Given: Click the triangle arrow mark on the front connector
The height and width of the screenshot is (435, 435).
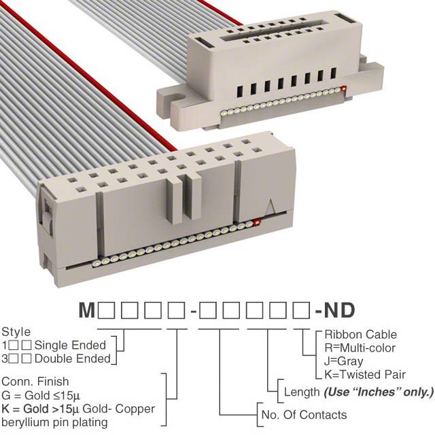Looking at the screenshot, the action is [x=271, y=206].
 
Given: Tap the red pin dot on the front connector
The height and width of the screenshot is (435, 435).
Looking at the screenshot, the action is [x=257, y=222].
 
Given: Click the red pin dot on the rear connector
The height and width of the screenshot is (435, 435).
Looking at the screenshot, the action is [x=345, y=89].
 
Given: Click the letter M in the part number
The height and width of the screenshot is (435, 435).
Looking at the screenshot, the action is [x=87, y=310].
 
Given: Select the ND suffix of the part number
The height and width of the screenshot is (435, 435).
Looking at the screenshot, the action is [x=339, y=310].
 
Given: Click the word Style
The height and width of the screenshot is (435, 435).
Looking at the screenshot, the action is [x=16, y=332].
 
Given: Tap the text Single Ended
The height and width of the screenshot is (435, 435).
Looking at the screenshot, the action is [x=70, y=345].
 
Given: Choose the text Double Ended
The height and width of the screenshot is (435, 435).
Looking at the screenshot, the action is [x=73, y=359].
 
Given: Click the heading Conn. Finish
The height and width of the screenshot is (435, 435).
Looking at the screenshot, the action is [x=35, y=381].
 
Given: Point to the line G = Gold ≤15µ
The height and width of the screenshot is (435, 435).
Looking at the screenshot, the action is [x=41, y=396].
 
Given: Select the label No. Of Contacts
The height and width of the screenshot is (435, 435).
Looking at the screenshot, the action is [x=304, y=415].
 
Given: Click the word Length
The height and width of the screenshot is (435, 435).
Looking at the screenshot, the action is [x=302, y=392].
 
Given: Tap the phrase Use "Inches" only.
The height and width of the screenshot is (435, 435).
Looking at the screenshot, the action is [x=379, y=392].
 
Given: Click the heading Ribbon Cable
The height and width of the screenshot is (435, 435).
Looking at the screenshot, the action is [x=361, y=334].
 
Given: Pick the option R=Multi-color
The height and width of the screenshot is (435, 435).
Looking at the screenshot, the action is [x=360, y=347].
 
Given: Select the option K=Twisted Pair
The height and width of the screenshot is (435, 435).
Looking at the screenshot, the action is [x=365, y=375].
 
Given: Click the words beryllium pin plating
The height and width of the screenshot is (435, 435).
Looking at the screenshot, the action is [x=54, y=423].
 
